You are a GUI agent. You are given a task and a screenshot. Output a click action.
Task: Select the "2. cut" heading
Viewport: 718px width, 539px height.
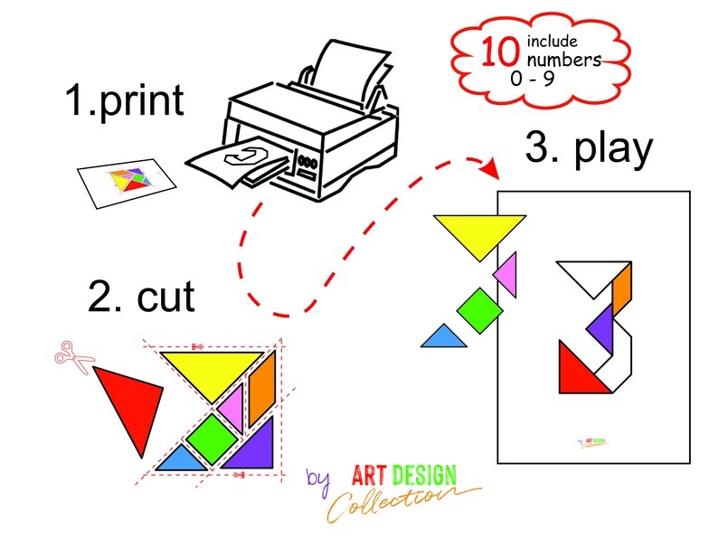141,297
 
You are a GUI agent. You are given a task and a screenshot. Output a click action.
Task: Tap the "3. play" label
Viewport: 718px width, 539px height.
589,149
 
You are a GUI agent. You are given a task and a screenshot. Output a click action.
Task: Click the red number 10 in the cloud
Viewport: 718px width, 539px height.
500,52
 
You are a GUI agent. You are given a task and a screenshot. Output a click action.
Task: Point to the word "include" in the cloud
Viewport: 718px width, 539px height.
553,42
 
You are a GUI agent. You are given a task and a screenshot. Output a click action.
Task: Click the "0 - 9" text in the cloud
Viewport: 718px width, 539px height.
533,79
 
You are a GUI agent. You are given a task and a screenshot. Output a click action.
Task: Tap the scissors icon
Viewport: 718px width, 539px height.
73,357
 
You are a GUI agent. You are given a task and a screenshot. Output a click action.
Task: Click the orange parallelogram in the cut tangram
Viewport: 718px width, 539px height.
262,388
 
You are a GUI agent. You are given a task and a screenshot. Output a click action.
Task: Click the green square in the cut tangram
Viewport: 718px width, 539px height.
212,439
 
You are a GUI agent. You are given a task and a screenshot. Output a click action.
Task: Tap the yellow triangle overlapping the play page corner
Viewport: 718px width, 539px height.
479,233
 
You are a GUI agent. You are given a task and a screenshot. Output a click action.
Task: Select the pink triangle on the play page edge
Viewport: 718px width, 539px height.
507,274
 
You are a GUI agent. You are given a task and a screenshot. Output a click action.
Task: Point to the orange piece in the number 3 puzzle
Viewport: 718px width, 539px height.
622,288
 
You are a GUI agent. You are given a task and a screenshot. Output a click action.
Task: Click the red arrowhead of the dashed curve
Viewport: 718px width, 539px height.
491,168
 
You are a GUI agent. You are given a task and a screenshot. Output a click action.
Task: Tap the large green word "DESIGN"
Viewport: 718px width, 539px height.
424,476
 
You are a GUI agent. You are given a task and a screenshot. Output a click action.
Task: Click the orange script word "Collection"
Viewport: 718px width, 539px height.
393,501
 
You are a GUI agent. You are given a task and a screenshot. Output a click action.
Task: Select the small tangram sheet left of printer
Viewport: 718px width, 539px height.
127,184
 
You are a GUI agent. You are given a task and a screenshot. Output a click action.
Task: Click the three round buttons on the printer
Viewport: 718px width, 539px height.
307,162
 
